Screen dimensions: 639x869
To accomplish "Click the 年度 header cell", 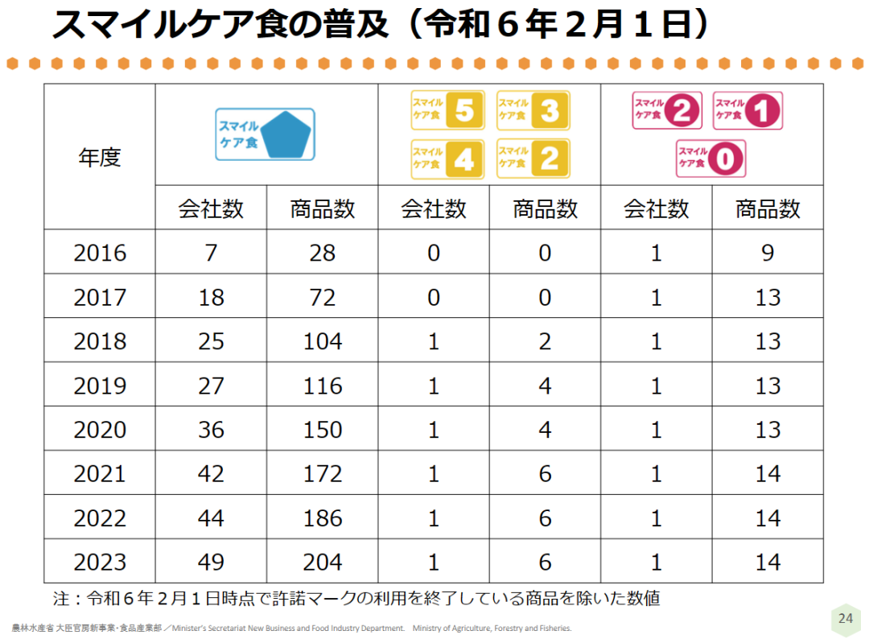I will point(100,157).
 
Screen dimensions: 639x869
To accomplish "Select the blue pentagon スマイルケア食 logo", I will point(266,134).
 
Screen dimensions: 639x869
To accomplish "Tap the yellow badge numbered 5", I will point(447,110).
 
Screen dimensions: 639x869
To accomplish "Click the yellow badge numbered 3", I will point(533,110).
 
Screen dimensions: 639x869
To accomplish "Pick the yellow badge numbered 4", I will point(447,159).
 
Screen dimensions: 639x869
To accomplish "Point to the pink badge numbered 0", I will point(710,159).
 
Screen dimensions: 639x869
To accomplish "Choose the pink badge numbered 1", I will point(748,110).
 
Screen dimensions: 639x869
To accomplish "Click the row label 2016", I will point(100,253).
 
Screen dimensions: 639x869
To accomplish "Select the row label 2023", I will point(100,562).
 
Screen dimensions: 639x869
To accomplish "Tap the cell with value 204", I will point(323,562).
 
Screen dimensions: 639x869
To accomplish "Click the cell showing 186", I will point(323,517).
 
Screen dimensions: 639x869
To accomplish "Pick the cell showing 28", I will point(323,253).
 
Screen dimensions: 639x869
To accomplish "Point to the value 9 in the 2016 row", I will point(768,253).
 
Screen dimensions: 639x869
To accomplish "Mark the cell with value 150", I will point(323,429).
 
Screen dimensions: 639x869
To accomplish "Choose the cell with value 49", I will point(211,562).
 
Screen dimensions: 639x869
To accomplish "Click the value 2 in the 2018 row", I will point(545,341).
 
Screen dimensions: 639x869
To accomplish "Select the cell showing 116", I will point(323,385).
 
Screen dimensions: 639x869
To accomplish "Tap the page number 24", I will point(845,618).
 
